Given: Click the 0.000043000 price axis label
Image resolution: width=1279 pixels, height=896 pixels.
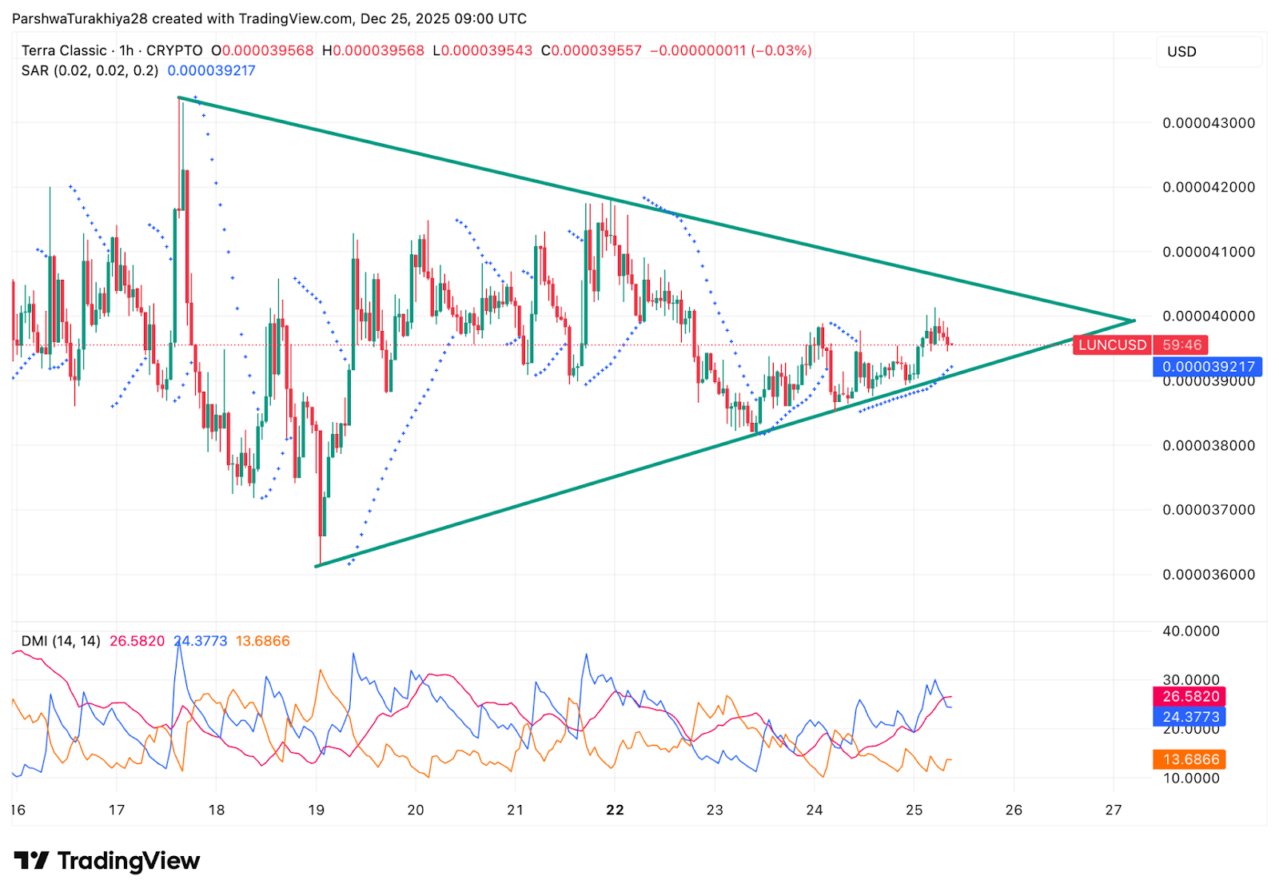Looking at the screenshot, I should point(1208,123).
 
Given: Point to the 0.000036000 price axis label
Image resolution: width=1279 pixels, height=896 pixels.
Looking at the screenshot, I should point(1208,575).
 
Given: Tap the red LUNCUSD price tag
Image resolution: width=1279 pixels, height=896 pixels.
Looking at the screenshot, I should point(1112,345).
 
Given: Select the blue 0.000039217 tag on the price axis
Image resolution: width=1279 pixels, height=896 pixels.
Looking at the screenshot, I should point(1208,367).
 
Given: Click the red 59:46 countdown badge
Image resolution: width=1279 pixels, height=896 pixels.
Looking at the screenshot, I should point(1181,345).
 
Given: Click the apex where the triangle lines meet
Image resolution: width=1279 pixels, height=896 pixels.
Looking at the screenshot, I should point(1134,321).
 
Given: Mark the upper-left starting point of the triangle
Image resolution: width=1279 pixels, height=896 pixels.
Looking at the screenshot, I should point(178,98).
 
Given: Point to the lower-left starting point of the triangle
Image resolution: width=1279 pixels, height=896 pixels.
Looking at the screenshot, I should point(317,566).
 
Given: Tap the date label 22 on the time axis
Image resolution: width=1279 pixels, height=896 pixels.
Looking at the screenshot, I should point(615,810).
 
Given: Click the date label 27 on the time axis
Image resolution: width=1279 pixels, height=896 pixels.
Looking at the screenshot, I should point(1114,810).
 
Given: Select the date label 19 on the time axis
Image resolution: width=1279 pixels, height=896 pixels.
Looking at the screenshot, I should point(317,810).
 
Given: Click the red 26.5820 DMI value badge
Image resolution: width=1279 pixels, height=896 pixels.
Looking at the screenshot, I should point(1190,696).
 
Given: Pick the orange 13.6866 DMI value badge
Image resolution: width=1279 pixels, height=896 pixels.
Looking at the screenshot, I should point(1190,759).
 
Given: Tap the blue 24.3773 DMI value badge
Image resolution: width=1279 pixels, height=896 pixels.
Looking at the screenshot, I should point(1190,717).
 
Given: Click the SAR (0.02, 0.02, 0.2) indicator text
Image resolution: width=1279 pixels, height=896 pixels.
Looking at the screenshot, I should point(90,70).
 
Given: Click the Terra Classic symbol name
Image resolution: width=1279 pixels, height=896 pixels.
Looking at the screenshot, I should point(64,50).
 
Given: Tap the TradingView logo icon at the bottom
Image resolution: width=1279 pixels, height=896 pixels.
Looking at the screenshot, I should point(32,861).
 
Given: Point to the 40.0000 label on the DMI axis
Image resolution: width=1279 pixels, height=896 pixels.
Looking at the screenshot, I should point(1190,631).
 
